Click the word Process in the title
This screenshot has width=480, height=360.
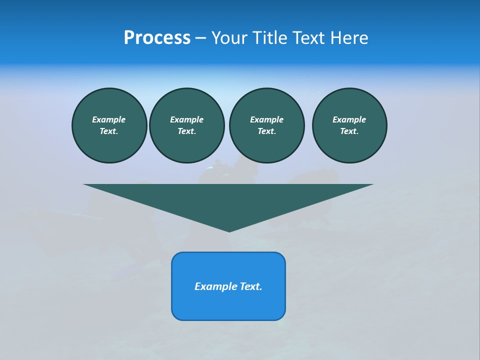tap(157, 38)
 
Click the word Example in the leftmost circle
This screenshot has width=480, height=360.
tap(109, 119)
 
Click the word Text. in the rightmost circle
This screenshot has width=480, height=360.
tap(349, 131)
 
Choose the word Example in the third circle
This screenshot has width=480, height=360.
tap(267, 119)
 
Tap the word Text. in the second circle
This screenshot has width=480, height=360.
tap(187, 131)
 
